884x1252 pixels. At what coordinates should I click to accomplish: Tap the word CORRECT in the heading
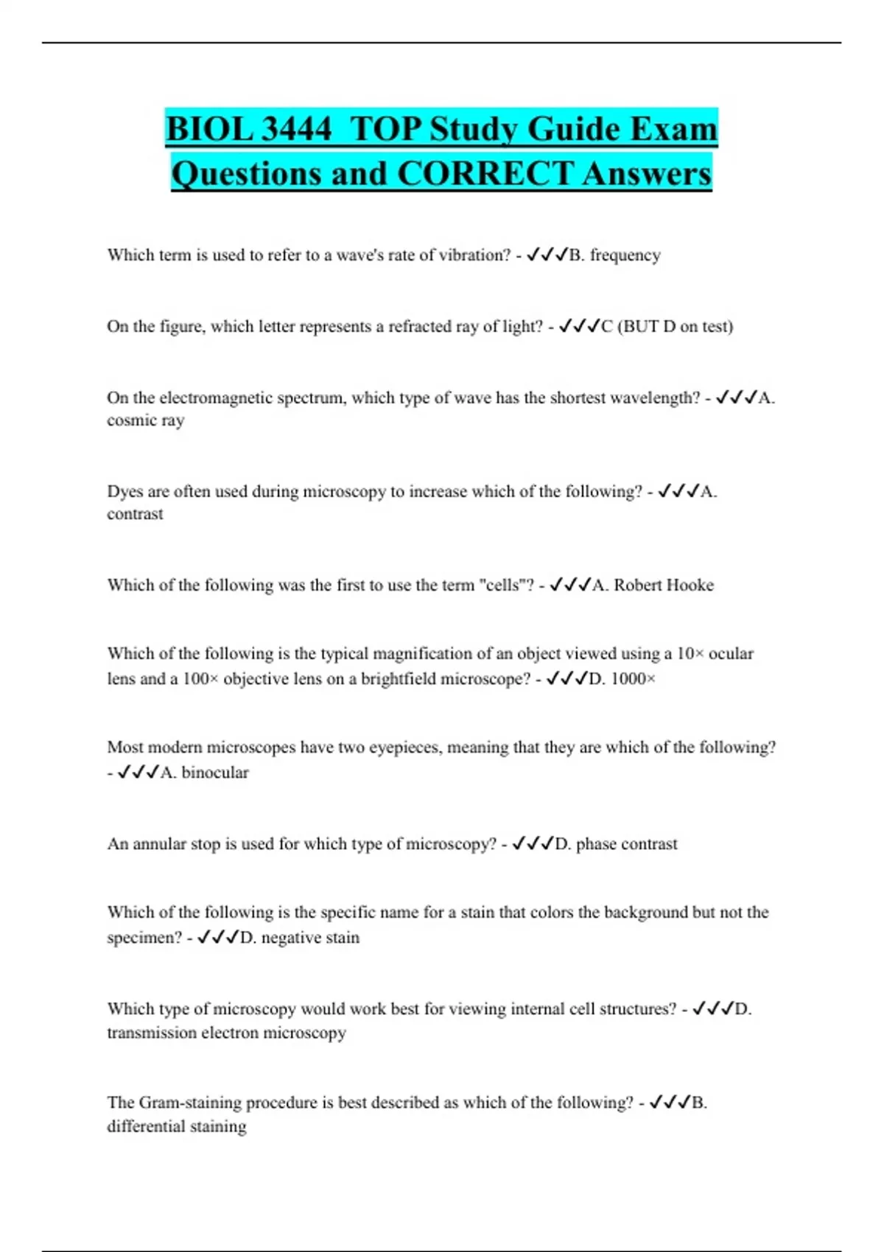coord(485,174)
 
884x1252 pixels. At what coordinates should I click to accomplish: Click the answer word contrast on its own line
coord(135,514)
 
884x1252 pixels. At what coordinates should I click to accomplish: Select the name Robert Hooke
coord(663,585)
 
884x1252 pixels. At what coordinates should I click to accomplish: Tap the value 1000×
coord(633,679)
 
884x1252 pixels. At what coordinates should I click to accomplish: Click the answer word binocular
coord(214,773)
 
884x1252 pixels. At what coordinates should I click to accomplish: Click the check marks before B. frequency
coord(547,255)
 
